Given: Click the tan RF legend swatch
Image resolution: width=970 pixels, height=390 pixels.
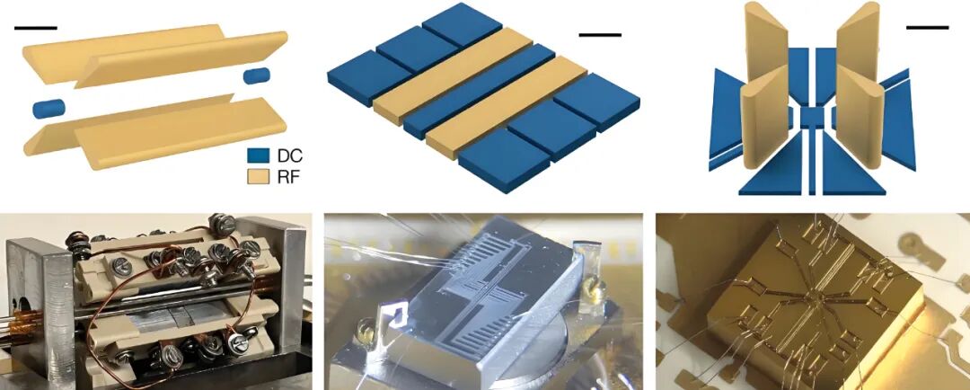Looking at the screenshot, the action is click(258, 177).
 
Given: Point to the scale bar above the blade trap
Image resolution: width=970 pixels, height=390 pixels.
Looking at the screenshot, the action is click(35, 28).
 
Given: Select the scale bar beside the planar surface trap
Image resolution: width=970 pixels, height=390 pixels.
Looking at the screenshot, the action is click(600, 35).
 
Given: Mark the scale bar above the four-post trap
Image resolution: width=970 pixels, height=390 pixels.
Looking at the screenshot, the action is click(927, 27).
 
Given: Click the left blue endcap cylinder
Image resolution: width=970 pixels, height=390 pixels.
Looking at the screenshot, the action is click(48, 108).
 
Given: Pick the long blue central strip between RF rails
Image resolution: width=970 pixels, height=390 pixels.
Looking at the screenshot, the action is click(480, 91).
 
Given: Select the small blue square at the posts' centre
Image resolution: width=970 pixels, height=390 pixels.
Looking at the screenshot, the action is click(812, 117).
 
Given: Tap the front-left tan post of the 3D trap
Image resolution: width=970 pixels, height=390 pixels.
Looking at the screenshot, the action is click(761, 124).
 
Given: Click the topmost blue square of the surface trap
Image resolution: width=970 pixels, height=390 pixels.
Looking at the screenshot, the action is click(462, 23).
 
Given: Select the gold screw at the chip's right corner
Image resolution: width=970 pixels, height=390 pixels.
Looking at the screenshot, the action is click(597, 288).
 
